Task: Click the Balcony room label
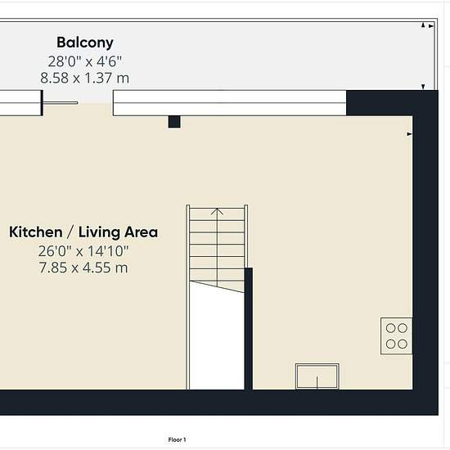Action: [85, 43]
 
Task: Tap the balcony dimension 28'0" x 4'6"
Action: [84, 61]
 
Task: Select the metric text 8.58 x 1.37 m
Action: [84, 78]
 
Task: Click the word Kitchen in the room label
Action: [35, 232]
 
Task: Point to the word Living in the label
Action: [99, 232]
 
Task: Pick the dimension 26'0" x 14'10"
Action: [83, 251]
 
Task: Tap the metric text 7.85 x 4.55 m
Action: [83, 268]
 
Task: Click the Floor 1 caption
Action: [177, 439]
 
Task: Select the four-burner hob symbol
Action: [397, 335]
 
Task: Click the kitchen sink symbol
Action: [317, 376]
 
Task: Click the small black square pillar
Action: [174, 122]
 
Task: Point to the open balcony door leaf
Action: [61, 102]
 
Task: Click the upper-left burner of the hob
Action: [390, 328]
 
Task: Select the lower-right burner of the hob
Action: [403, 344]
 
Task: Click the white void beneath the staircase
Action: [217, 339]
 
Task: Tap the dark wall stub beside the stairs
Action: [249, 329]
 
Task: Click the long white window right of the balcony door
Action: [230, 103]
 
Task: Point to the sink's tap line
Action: [317, 383]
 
